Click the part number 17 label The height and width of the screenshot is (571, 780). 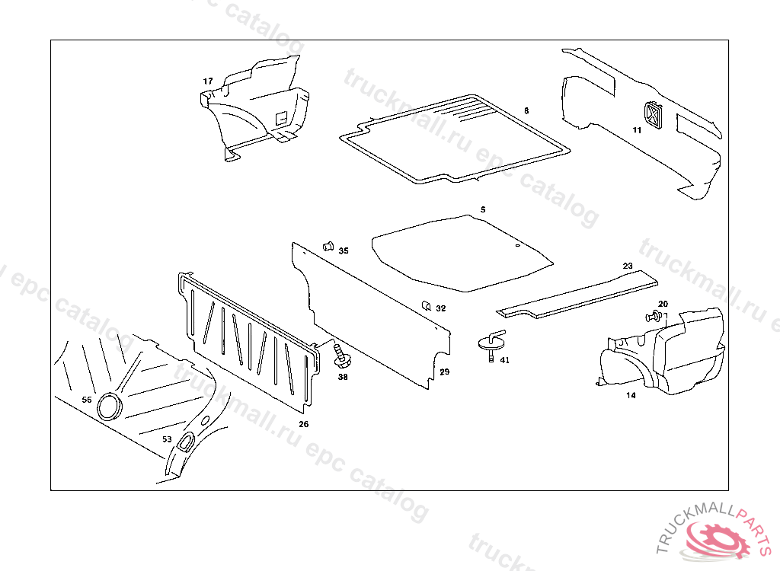[x=208, y=81]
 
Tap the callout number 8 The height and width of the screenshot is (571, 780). [x=526, y=111]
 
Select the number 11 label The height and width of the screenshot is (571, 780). [x=637, y=130]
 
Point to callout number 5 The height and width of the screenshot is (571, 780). [x=482, y=209]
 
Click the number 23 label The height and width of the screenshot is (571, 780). [x=628, y=266]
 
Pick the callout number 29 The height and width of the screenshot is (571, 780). [x=445, y=372]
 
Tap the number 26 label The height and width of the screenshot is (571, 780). [x=303, y=424]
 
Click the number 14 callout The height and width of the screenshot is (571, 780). [x=631, y=395]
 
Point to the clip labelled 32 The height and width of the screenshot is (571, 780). [x=427, y=306]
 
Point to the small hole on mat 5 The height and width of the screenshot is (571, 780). [x=517, y=246]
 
